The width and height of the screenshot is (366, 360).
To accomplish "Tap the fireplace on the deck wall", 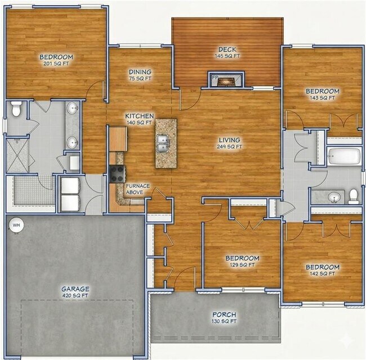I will click(227, 80).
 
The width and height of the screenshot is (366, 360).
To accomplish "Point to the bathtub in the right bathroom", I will click(343, 155).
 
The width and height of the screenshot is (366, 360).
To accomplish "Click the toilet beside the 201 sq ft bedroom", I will click(16, 109).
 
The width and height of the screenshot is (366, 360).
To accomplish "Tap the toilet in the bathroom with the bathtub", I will click(354, 196).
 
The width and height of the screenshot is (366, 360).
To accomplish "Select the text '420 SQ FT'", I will click(75, 295).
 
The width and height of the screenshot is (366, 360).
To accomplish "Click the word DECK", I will click(227, 49).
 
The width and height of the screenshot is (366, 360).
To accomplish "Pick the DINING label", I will click(140, 72).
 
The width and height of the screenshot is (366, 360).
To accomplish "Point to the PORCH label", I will click(224, 314).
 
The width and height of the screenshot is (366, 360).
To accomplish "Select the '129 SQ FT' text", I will click(242, 264).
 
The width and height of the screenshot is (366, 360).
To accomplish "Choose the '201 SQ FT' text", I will click(56, 64).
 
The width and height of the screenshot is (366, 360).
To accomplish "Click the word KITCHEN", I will click(139, 115).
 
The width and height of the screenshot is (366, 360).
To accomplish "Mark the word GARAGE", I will click(75, 289).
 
